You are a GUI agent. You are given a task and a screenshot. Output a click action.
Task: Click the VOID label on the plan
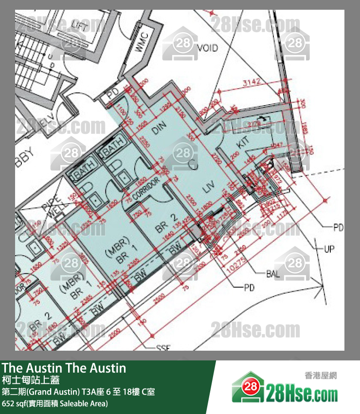click(208, 48)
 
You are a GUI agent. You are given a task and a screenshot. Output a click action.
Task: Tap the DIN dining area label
click(160, 128)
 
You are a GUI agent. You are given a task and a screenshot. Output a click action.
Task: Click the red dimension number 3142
click(253, 83)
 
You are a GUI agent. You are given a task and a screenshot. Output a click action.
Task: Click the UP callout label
click(329, 249)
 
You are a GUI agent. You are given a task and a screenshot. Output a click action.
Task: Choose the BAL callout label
click(273, 275)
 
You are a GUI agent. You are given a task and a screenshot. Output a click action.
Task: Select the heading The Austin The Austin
click(64, 368)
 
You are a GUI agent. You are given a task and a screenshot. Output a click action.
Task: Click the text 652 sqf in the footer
click(14, 404)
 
